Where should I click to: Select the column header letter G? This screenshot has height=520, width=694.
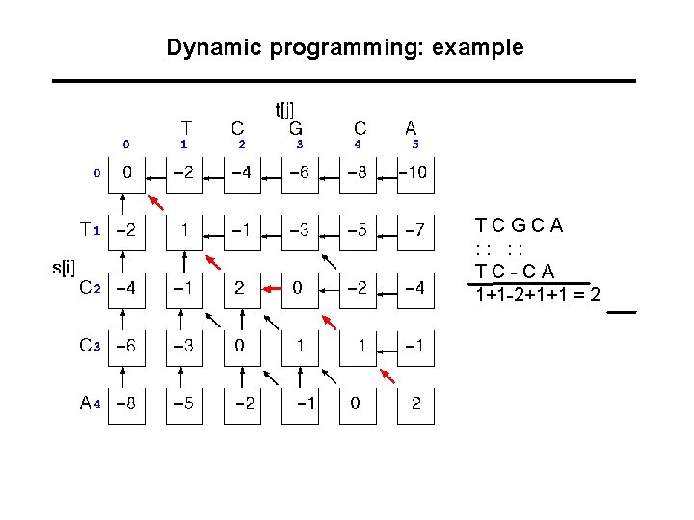click(297, 128)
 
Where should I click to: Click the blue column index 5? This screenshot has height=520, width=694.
click(414, 144)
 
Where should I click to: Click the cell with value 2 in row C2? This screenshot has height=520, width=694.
click(239, 288)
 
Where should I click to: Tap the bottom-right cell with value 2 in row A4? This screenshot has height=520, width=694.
click(415, 404)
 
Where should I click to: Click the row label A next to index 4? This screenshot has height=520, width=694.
click(85, 403)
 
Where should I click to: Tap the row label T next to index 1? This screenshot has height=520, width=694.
click(86, 230)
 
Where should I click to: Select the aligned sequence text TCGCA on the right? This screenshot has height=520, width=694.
click(520, 228)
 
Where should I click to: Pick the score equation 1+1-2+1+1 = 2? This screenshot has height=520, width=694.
click(538, 294)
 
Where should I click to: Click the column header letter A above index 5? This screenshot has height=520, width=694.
click(412, 128)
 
